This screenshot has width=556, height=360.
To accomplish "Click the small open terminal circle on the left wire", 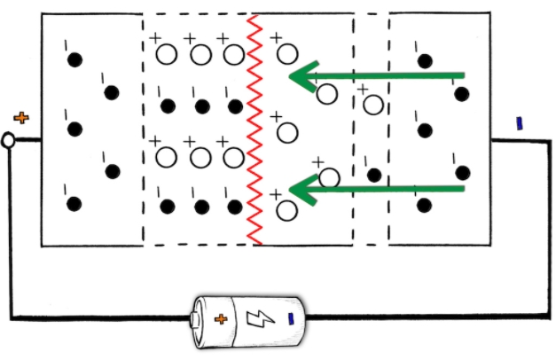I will [8, 140].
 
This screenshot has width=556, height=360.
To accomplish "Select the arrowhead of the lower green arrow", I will [301, 189].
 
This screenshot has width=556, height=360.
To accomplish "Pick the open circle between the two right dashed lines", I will [373, 105].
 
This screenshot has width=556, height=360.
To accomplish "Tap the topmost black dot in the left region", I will [74, 59].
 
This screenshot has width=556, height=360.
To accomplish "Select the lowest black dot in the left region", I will [74, 204].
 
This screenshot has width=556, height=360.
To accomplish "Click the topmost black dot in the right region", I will [426, 60].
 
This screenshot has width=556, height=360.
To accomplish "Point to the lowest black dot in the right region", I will [425, 205].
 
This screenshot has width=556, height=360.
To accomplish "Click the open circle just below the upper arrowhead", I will [326, 93].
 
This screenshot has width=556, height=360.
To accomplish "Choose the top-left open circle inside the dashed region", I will [166, 54].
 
